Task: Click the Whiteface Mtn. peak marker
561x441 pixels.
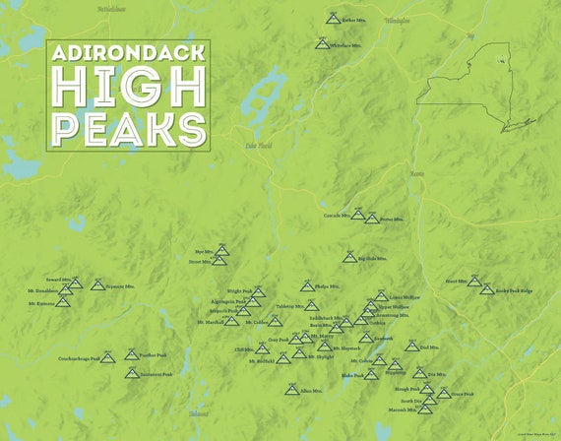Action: (x=321, y=42)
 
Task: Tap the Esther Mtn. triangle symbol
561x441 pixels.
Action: (x=335, y=18)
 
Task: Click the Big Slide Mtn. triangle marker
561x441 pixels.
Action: (x=348, y=257)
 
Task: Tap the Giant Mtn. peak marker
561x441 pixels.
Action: (x=474, y=281)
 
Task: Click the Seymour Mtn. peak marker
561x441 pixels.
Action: (x=97, y=285)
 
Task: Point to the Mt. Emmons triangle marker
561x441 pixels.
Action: (x=63, y=300)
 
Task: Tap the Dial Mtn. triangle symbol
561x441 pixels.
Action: (x=411, y=346)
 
